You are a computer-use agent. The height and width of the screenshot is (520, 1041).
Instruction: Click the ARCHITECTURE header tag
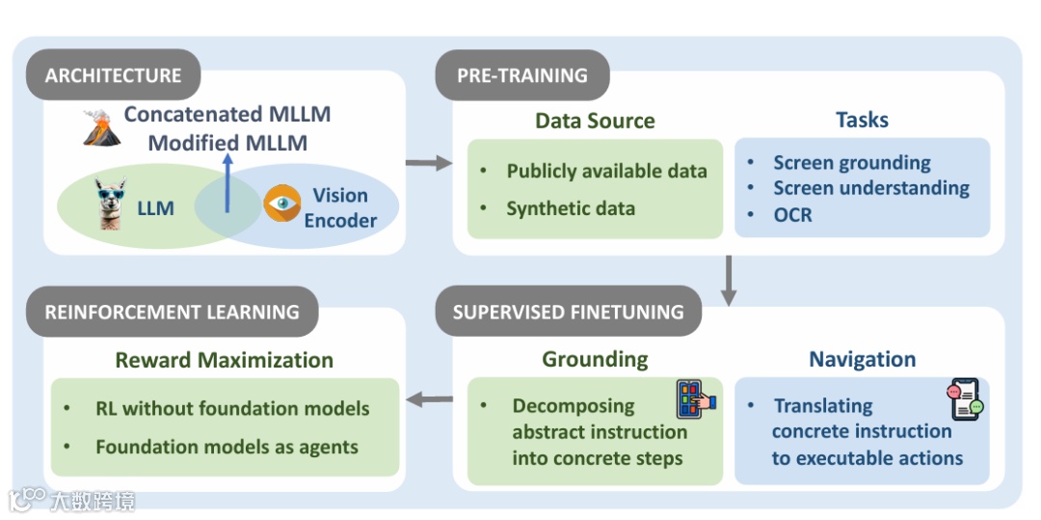pos(113,75)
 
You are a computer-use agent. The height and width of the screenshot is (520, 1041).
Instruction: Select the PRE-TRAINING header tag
pos(521,75)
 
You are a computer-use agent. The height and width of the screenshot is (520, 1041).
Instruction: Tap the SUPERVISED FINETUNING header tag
pos(568,312)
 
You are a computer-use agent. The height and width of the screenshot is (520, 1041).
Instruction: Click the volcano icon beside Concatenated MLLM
pos(100,128)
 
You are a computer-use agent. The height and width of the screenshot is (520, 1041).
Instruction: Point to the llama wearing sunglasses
pos(114,204)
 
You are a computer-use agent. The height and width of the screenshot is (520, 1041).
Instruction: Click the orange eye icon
pos(282,205)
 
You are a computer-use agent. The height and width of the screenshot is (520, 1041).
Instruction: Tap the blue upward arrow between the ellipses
pos(227,185)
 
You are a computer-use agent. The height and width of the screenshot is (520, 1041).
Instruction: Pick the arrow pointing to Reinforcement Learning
pos(429,397)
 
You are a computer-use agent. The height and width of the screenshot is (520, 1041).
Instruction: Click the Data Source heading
pos(595,121)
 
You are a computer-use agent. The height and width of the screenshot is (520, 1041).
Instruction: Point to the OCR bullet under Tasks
pos(792,214)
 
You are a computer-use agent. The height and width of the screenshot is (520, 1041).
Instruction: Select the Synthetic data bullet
pos(571,208)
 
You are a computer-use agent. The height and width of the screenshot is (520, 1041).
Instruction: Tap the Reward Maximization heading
pos(224,360)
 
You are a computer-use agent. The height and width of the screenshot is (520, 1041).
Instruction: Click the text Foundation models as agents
pos(227,447)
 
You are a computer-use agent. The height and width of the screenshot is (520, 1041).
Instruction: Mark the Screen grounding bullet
pos(852,162)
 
